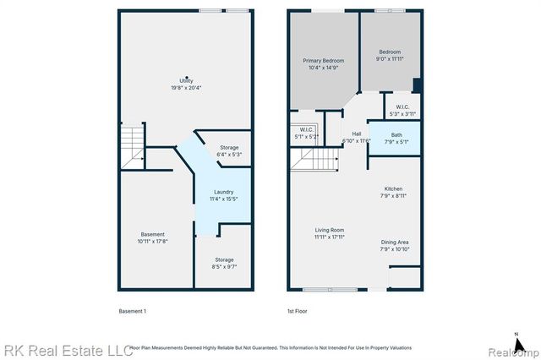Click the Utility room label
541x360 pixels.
coord(186,83)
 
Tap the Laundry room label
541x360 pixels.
coord(223,195)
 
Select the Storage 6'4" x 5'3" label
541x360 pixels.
coord(229,150)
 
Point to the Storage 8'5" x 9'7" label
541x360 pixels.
coord(223,263)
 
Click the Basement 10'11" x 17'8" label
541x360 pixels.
coord(153,237)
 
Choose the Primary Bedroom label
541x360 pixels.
coord(321,63)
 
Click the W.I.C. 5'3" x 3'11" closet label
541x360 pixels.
coord(402,110)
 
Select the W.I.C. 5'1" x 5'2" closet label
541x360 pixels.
coord(306,133)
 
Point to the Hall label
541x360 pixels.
coord(357,137)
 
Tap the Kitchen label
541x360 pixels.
coord(394,192)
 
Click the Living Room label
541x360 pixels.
coord(329,233)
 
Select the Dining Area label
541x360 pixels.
coord(394,245)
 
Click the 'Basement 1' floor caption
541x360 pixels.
coord(132,312)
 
